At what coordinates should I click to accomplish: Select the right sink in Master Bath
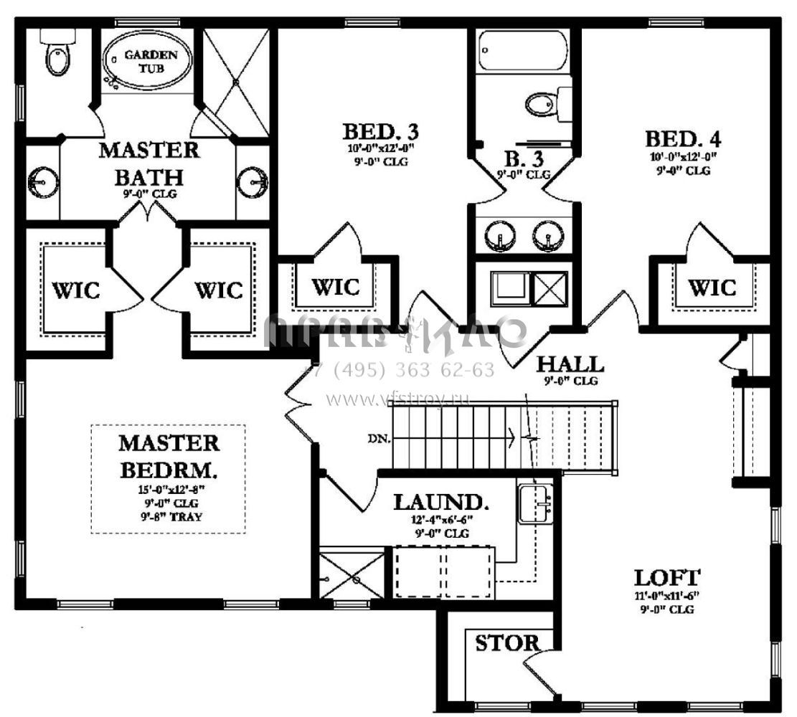pyautogui.click(x=252, y=181)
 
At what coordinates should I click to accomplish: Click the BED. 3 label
pyautogui.click(x=380, y=132)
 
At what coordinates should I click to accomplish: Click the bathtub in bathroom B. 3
pyautogui.click(x=522, y=51)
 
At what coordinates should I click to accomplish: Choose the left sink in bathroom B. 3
pyautogui.click(x=496, y=235)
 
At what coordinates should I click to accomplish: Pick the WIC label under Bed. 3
pyautogui.click(x=336, y=287)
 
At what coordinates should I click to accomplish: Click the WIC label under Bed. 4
pyautogui.click(x=712, y=288)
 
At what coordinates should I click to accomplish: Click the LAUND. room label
pyautogui.click(x=441, y=501)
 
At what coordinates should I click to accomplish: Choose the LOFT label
pyautogui.click(x=667, y=576)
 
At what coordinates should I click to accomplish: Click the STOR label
pyautogui.click(x=507, y=643)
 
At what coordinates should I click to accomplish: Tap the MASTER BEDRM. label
pyautogui.click(x=168, y=457)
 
